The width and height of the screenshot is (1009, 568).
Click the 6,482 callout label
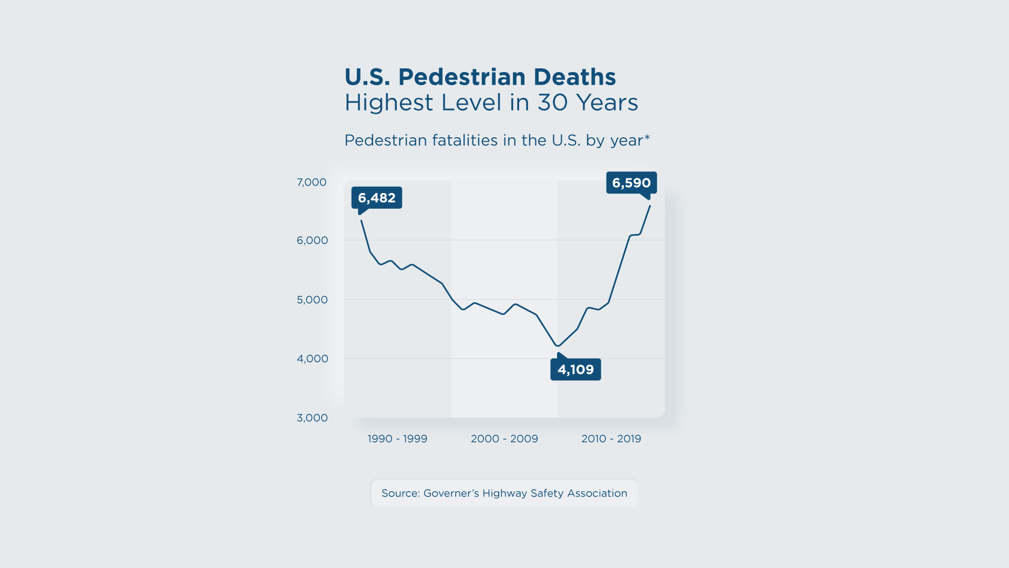pyautogui.click(x=376, y=198)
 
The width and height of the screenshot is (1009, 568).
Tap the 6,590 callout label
pyautogui.click(x=631, y=183)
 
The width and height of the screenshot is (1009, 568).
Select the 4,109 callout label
pyautogui.click(x=575, y=370)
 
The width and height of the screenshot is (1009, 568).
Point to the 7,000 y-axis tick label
pyautogui.click(x=312, y=182)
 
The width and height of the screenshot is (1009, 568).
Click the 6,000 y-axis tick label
pyautogui.click(x=312, y=240)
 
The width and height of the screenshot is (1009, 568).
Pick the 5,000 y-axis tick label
pyautogui.click(x=312, y=300)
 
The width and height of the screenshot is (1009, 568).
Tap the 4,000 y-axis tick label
pyautogui.click(x=312, y=359)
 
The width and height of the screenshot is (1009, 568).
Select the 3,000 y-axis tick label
pyautogui.click(x=312, y=418)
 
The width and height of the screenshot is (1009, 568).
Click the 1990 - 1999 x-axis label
pyautogui.click(x=397, y=439)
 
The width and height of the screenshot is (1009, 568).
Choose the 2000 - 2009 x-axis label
pyautogui.click(x=504, y=439)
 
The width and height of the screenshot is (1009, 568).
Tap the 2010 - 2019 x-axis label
pyautogui.click(x=611, y=439)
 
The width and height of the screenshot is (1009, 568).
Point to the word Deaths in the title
pyautogui.click(x=574, y=77)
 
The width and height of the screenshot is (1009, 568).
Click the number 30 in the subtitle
pyautogui.click(x=552, y=103)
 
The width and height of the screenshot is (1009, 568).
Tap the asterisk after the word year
pyautogui.click(x=647, y=138)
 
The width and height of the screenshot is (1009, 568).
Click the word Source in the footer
pyautogui.click(x=400, y=493)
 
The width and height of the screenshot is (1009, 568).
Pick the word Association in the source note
pyautogui.click(x=597, y=493)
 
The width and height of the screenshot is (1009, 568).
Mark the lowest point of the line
pyautogui.click(x=558, y=346)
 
